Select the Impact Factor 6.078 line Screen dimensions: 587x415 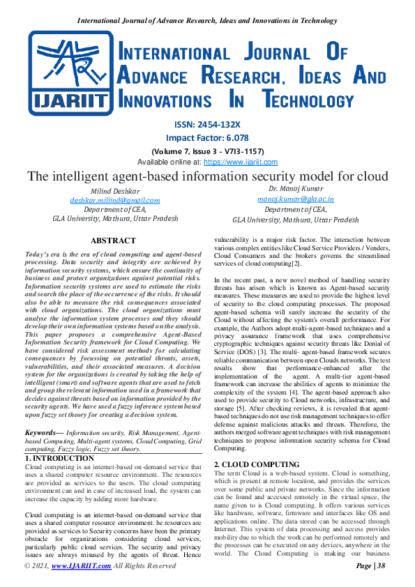pos(208,138)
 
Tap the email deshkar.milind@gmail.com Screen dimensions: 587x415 pos(114,200)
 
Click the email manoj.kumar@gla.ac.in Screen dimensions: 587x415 pos(295,199)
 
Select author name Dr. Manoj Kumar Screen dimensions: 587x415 pos(295,189)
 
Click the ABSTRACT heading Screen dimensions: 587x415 pos(114,240)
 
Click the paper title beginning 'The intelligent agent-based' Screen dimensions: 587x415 pos(207,176)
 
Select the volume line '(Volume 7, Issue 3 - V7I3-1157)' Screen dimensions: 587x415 pos(208,151)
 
